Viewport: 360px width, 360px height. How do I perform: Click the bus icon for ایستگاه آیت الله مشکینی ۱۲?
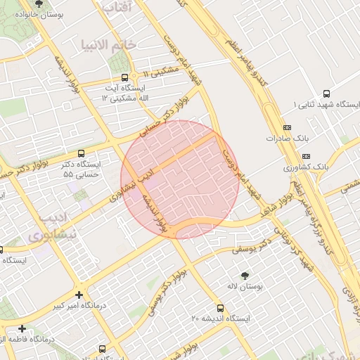[x=124, y=77]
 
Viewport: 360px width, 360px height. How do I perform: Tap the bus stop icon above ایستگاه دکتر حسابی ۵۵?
[x=81, y=153]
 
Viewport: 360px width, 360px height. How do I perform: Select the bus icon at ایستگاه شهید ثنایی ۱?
[x=326, y=94]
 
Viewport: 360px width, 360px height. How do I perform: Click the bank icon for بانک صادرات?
[x=286, y=127]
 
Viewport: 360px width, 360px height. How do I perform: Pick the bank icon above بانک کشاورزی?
[x=305, y=155]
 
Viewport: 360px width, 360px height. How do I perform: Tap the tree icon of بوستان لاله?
[x=245, y=276]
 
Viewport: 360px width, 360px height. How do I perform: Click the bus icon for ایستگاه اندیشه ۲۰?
[x=221, y=308]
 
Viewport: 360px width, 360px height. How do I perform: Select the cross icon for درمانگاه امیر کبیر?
[x=79, y=295]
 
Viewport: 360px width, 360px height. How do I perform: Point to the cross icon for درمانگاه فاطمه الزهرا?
[x=22, y=328]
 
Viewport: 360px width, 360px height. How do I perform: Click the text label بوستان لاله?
[x=245, y=287]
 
